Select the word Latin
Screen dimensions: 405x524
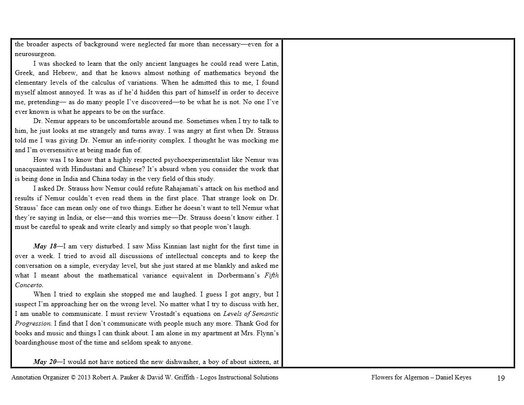click(269, 64)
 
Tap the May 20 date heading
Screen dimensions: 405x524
click(47, 362)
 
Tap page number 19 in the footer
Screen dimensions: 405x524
click(501, 378)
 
